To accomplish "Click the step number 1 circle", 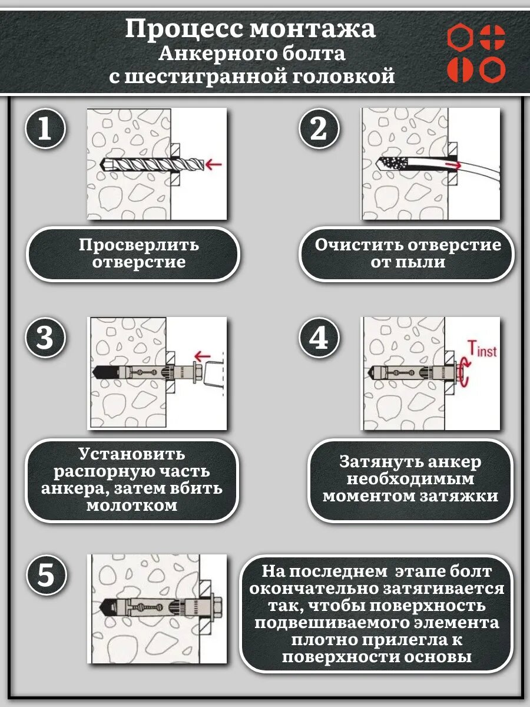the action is (x=45, y=129).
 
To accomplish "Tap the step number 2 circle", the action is (x=319, y=129).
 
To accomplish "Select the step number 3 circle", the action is (x=45, y=339).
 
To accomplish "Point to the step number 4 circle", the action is (x=319, y=339).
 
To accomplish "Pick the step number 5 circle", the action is (x=45, y=576).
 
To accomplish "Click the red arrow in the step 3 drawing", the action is (x=203, y=355).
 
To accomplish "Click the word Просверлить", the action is (x=139, y=245).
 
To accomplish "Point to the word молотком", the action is (x=131, y=506).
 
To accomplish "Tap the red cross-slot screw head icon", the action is (x=492, y=37).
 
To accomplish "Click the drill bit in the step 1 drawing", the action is (x=150, y=163).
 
